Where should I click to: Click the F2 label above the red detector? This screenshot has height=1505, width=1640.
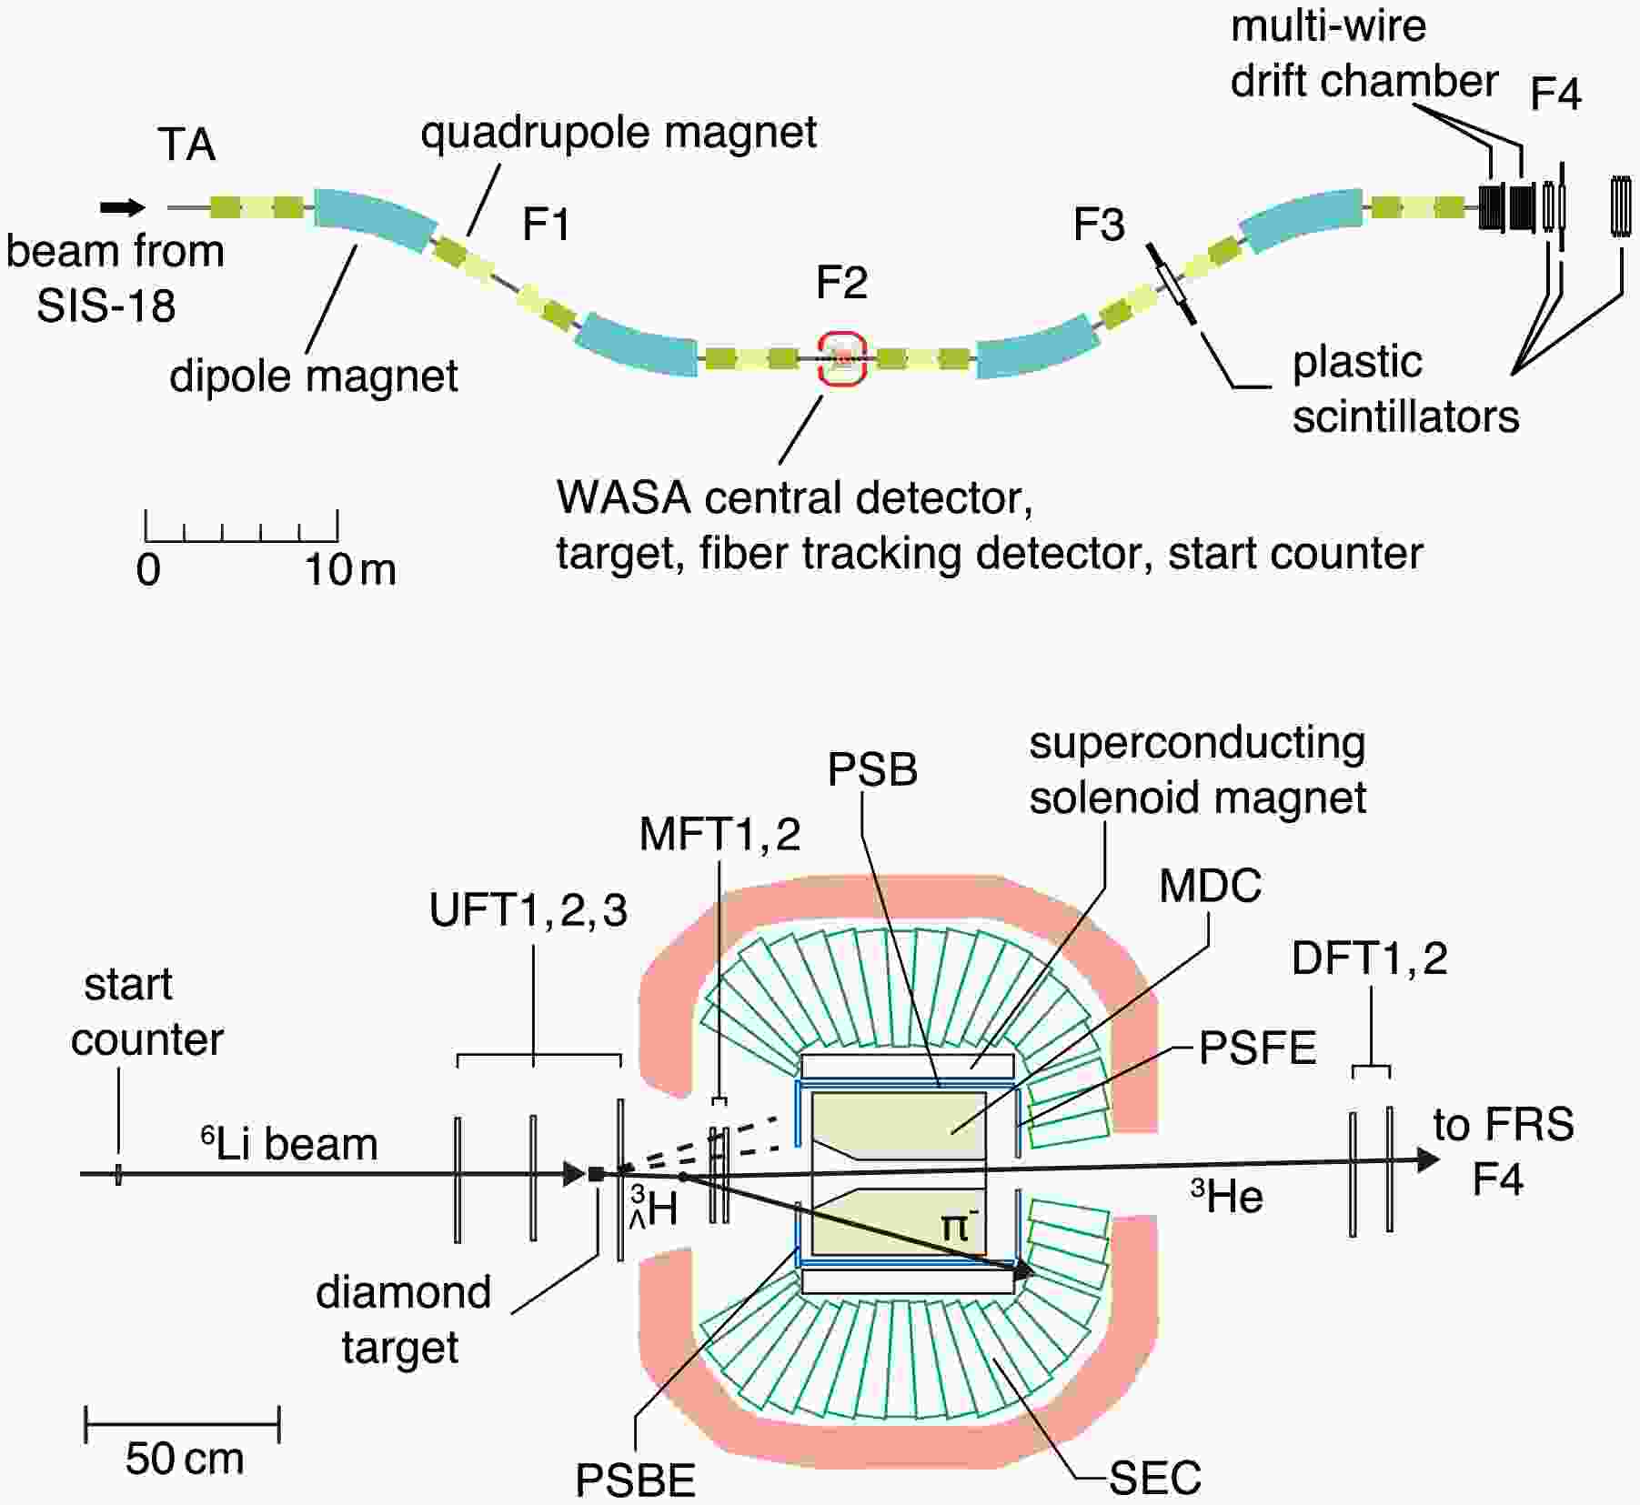[841, 283]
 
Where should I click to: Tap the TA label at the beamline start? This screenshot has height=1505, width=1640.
[186, 145]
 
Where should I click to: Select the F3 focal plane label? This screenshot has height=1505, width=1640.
[1099, 225]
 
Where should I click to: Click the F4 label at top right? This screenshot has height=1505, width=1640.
[1555, 94]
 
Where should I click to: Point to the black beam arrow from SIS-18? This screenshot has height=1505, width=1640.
[123, 208]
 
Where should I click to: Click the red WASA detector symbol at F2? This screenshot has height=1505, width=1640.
[841, 360]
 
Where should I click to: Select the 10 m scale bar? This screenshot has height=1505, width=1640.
[242, 527]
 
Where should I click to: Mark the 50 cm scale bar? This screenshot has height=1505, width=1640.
[182, 1424]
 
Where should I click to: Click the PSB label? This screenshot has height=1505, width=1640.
[871, 770]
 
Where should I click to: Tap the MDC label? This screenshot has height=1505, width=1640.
[1210, 886]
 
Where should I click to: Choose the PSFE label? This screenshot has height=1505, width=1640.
[1257, 1048]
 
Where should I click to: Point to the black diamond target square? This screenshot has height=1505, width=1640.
[597, 1174]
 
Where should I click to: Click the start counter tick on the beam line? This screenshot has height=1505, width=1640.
[118, 1174]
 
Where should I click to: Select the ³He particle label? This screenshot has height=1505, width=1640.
[1227, 1197]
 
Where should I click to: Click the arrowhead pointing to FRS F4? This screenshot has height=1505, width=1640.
[1428, 1160]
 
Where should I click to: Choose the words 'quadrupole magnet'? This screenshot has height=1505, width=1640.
[619, 133]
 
